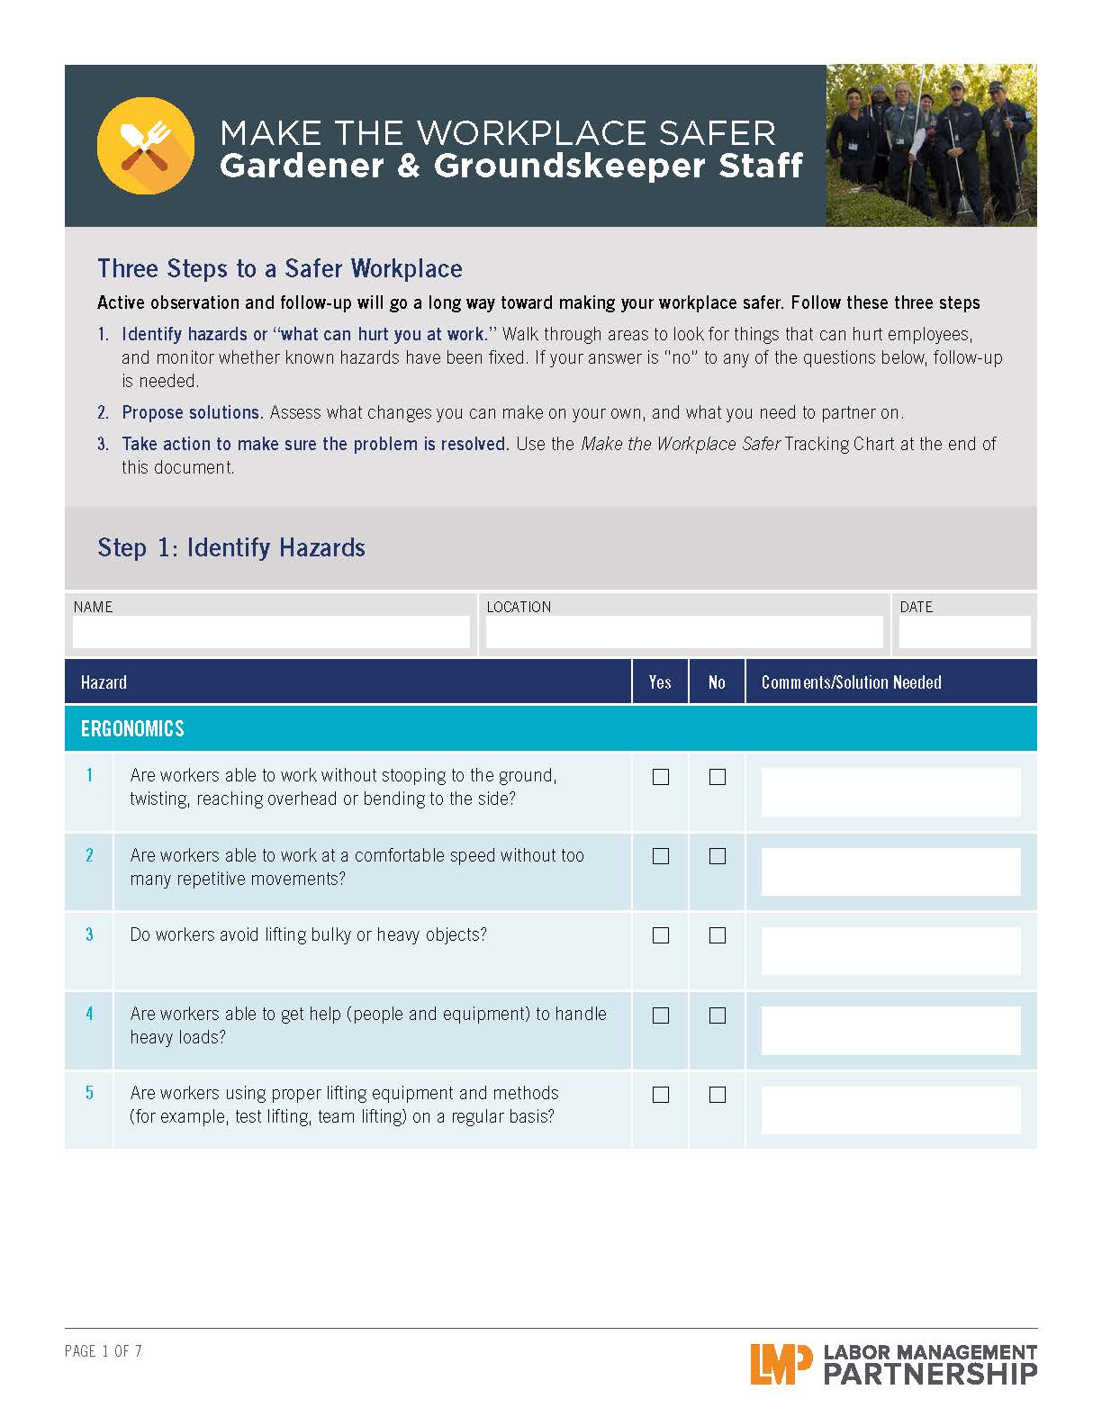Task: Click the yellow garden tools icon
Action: click(145, 146)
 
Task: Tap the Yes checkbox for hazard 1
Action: click(661, 777)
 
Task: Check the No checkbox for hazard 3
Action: click(718, 935)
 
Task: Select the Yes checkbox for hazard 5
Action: click(661, 1095)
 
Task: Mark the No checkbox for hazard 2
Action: click(718, 856)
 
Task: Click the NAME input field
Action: click(271, 632)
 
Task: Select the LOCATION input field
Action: click(684, 632)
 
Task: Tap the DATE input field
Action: click(964, 632)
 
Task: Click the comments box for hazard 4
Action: click(890, 1030)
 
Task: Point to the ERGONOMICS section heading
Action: click(132, 728)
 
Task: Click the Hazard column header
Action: click(104, 682)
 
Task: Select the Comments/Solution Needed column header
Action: click(851, 682)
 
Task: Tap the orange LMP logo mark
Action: click(774, 1364)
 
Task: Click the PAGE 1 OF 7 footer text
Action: click(104, 1351)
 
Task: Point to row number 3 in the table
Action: click(89, 934)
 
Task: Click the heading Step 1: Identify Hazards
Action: click(231, 547)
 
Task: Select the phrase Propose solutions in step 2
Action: click(192, 412)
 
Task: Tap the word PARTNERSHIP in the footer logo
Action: click(930, 1375)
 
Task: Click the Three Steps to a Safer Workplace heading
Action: click(280, 268)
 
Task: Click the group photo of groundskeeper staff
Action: click(931, 145)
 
